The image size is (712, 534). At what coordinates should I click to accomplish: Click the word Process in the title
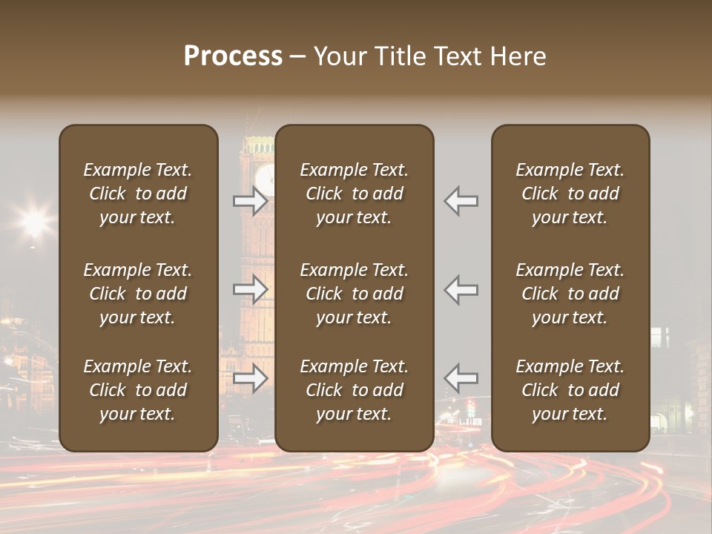(233, 56)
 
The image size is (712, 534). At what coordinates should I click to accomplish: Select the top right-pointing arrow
(251, 200)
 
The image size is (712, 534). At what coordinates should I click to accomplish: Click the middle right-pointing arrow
(251, 289)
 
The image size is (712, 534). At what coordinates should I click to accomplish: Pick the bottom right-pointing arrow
(251, 378)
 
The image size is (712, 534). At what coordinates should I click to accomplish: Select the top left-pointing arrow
(461, 200)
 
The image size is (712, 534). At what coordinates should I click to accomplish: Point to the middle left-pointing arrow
(461, 289)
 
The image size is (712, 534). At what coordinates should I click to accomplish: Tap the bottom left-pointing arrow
(461, 378)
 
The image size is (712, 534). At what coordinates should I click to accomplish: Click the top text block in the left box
(138, 194)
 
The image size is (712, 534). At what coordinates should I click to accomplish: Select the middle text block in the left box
(138, 294)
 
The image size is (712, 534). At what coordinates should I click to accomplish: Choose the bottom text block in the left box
(138, 390)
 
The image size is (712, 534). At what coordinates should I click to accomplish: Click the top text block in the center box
(354, 194)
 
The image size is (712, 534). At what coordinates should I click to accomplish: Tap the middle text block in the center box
(354, 294)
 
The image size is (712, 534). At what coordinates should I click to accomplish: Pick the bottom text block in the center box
(354, 390)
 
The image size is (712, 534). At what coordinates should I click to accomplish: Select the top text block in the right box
(570, 194)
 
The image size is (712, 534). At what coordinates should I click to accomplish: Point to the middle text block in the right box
(570, 294)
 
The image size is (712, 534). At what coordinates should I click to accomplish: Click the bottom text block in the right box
(570, 390)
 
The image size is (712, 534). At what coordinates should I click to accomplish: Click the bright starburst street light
(34, 220)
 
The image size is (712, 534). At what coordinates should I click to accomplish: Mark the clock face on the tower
(265, 177)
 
